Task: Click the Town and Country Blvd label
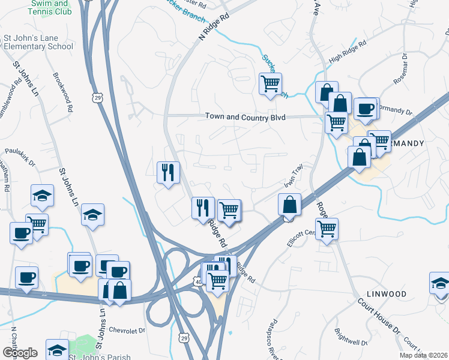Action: (245, 116)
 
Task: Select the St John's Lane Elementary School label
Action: (37, 42)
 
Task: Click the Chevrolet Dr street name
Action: (128, 330)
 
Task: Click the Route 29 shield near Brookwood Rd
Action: (98, 97)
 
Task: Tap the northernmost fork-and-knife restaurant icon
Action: (168, 172)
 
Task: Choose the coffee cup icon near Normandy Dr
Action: (366, 109)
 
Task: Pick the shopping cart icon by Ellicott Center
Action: (327, 228)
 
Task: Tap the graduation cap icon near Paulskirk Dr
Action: (42, 195)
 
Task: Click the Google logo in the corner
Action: (20, 353)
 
